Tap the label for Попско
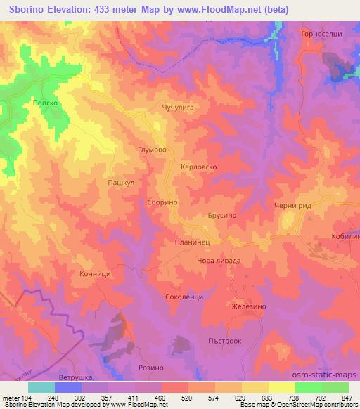(x=44, y=102)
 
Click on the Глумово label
(x=151, y=150)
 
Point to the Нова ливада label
(x=218, y=260)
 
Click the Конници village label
(x=96, y=275)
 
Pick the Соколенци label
(x=184, y=297)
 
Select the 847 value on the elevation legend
(x=343, y=398)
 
